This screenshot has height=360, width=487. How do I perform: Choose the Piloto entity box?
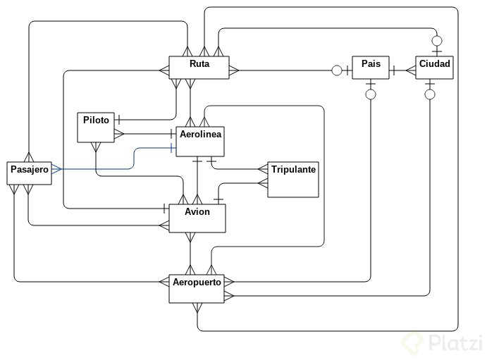pos(95,127)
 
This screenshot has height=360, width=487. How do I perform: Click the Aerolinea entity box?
pos(199,139)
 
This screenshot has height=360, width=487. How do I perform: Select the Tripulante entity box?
pos(293,180)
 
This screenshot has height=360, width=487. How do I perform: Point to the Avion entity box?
pos(197,218)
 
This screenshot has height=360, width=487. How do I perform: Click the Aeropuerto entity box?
pos(197,288)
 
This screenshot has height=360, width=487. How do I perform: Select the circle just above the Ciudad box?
pos(437,40)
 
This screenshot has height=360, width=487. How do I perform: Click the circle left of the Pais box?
pos(336,70)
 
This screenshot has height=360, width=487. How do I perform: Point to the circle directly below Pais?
pos(371,94)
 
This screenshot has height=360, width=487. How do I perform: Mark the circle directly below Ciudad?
pos(430,94)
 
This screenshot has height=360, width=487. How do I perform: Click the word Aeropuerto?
pos(197,283)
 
